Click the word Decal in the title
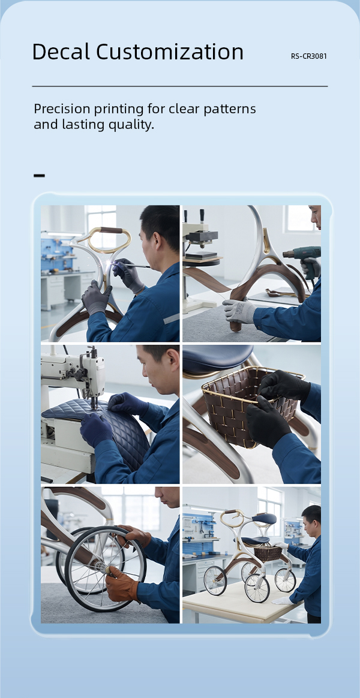pos(61,52)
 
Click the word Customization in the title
pos(170,52)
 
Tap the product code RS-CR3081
pos(309,56)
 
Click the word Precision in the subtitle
pos(63,109)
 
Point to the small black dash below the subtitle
pos(39,175)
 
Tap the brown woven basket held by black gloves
pos(250,405)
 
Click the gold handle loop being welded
pos(109,240)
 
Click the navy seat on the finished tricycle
pos(264,519)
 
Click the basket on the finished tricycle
pos(268,553)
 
